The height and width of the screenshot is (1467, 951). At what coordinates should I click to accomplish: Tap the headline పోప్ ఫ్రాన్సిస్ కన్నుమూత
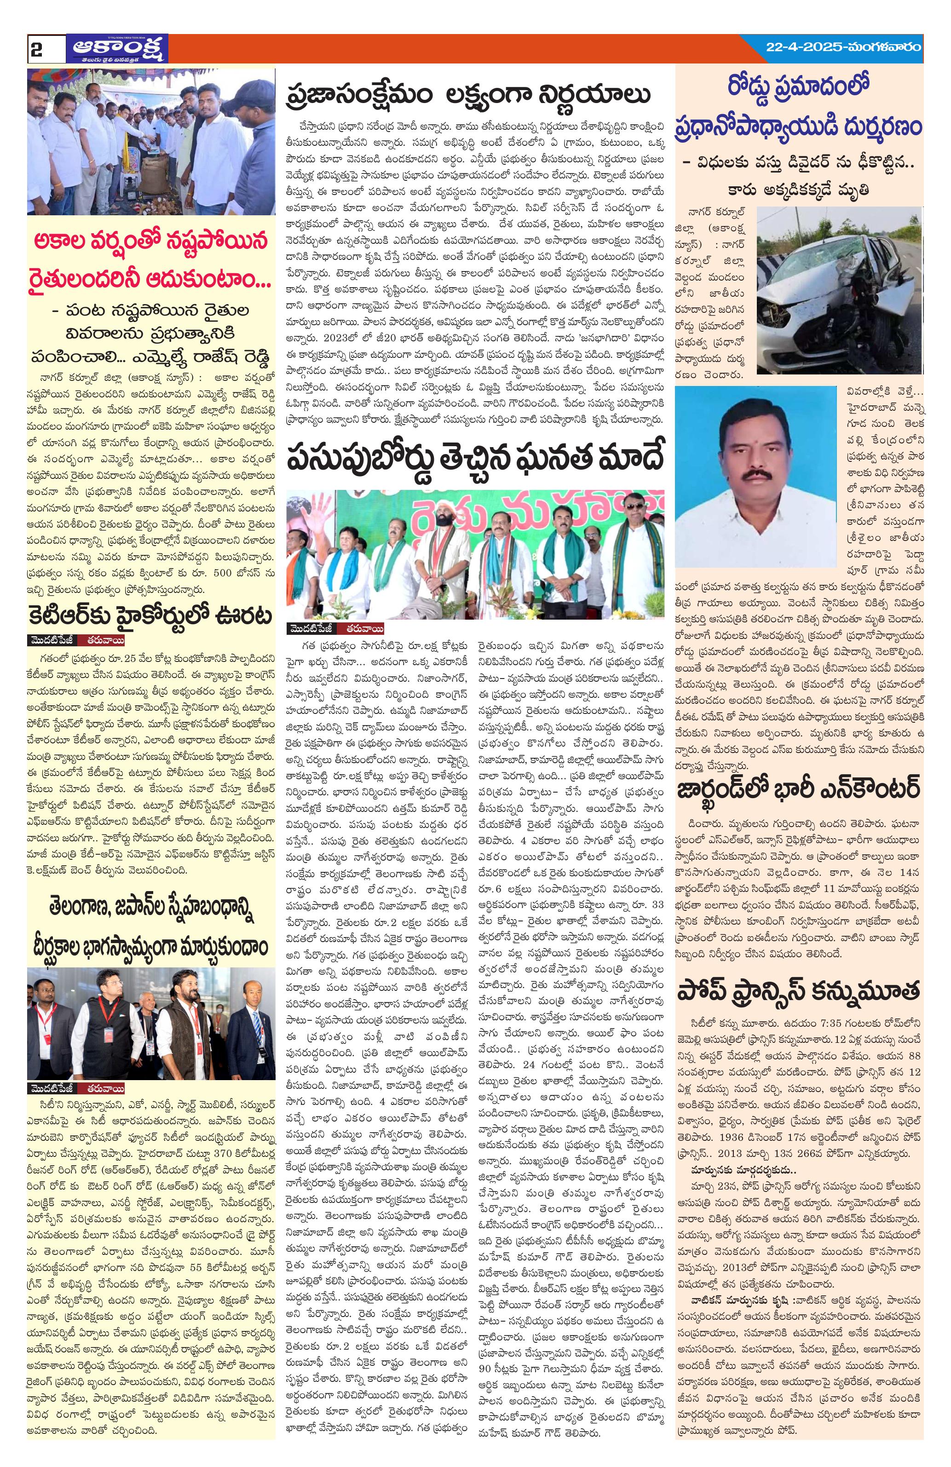pyautogui.click(x=799, y=992)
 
